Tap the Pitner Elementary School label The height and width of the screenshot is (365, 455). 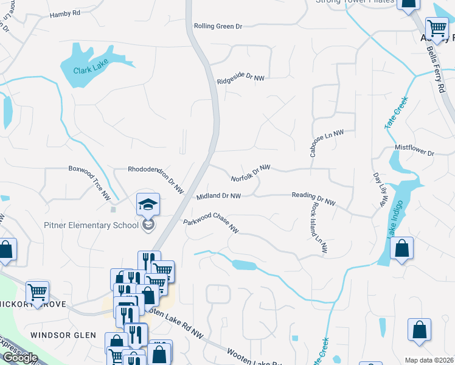[91, 226]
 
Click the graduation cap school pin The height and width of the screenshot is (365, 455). [148, 204]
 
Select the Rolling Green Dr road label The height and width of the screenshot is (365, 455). [218, 27]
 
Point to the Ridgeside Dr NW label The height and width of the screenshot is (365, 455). [241, 77]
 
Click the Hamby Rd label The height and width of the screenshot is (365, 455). [65, 14]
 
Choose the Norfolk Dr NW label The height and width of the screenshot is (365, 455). [250, 173]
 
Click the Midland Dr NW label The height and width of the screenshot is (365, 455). [218, 196]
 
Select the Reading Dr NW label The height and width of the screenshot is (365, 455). [313, 198]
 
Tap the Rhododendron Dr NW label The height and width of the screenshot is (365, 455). [156, 179]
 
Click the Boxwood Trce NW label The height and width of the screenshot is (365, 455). [89, 183]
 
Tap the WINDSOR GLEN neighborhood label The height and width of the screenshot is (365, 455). [63, 335]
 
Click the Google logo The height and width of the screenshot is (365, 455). [19, 357]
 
